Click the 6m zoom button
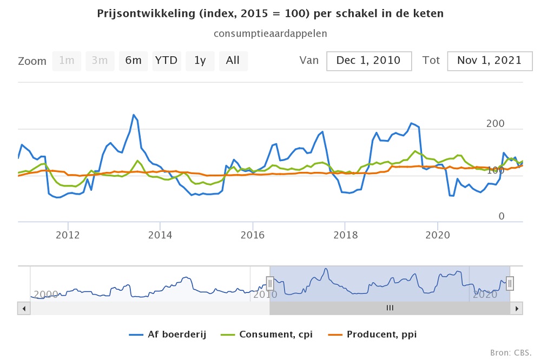coord(133,61)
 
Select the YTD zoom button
coord(166,61)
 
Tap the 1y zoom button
coord(200,61)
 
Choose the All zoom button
coord(233,61)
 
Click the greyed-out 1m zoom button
coord(67,61)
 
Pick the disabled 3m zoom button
coord(100,61)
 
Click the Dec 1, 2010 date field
coord(369,61)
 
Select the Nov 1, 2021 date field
coord(489,61)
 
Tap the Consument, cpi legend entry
coord(267,334)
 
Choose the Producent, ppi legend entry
coord(373,334)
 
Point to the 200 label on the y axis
coord(495,124)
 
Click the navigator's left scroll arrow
coord(24,308)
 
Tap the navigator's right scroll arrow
coord(517,308)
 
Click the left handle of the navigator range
coord(270,283)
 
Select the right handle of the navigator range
coord(509,283)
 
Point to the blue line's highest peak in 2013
coord(134,115)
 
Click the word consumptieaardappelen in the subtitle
coord(270,34)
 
